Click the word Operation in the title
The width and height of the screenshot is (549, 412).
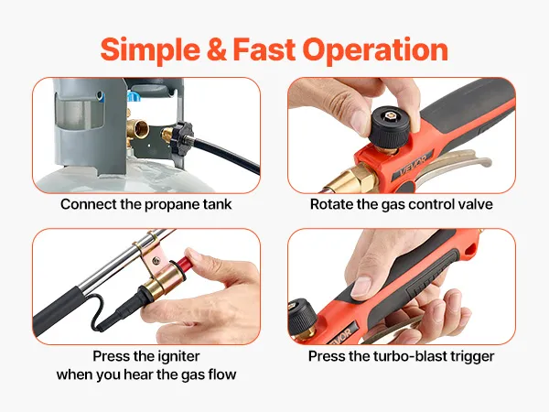click(x=375, y=50)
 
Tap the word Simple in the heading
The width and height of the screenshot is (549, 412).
click(x=151, y=50)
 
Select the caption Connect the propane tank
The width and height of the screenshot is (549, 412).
click(x=146, y=204)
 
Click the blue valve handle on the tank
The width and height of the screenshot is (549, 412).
click(x=134, y=95)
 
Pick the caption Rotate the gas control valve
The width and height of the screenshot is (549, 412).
click(x=402, y=204)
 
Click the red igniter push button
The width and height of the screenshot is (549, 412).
click(x=184, y=261)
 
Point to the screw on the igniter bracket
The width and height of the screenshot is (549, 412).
click(x=156, y=260)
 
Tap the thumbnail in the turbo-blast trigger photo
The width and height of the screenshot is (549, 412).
click(x=361, y=286)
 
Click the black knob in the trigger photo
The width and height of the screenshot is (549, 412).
click(x=303, y=317)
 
